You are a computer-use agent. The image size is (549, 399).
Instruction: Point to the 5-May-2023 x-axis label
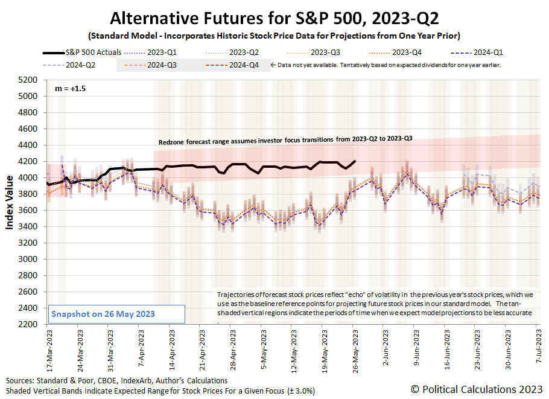click(262, 347)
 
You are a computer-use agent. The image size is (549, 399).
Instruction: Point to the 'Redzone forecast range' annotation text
click(285, 140)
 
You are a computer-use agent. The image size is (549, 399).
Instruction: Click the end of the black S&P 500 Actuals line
click(355, 161)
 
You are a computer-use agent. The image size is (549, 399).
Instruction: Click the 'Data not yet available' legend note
click(386, 65)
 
